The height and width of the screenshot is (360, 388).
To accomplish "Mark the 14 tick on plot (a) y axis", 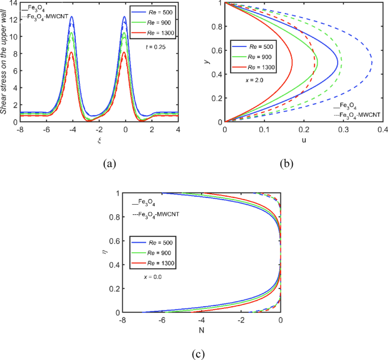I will point(14,3).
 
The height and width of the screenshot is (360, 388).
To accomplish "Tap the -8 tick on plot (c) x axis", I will point(122,320).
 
